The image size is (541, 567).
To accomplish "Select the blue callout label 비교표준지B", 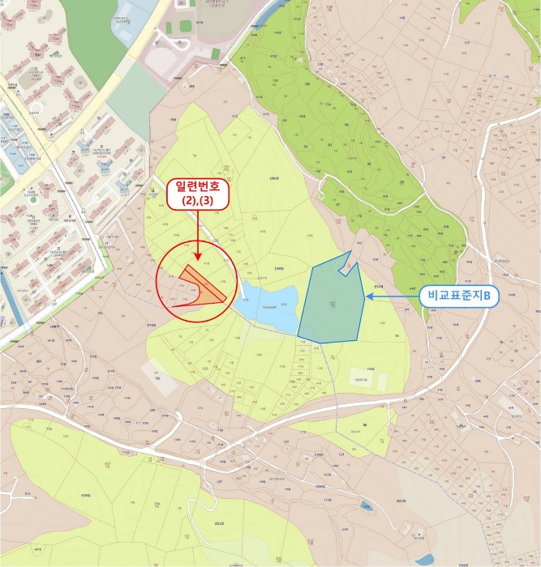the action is (459, 296).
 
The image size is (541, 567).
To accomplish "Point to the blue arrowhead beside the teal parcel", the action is (369, 296).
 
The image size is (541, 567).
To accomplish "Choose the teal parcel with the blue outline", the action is (331, 305).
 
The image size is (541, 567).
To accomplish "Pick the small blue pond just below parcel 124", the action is (367, 507).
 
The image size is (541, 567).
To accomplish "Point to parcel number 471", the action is (242, 59).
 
